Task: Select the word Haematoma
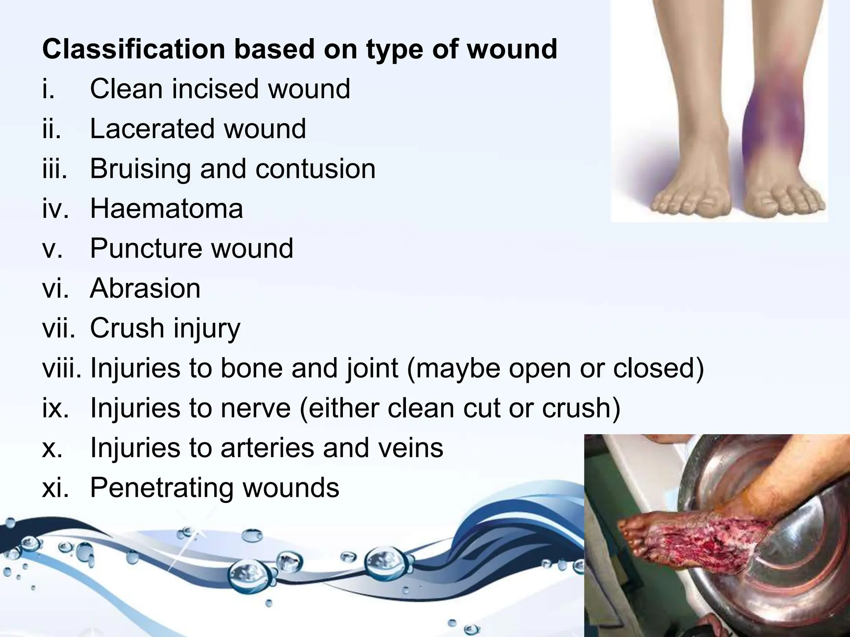166,209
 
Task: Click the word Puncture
145,249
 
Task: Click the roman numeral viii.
61,368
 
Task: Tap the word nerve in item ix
256,408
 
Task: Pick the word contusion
315,169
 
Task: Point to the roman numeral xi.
55,487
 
